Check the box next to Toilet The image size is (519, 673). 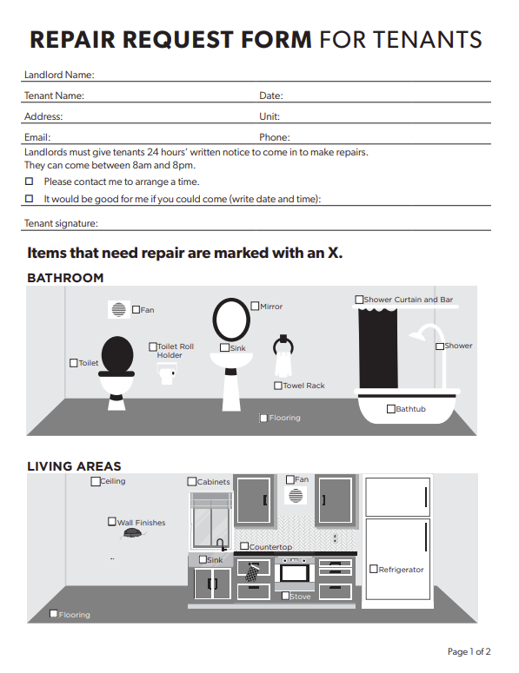74,363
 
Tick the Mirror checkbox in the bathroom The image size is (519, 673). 255,306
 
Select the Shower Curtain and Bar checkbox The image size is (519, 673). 359,300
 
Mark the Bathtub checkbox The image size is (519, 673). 390,409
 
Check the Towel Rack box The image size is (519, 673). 277,386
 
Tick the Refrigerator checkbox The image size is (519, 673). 373,570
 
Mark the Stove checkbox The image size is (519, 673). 285,596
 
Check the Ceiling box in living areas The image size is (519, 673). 96,481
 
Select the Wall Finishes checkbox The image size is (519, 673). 111,522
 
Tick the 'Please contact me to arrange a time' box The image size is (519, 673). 29,181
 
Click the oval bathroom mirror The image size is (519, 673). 231,320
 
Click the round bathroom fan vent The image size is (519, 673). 118,309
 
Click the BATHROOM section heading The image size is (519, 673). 65,278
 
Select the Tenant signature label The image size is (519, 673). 61,223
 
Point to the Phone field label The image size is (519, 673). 274,137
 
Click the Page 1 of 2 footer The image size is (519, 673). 469,651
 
